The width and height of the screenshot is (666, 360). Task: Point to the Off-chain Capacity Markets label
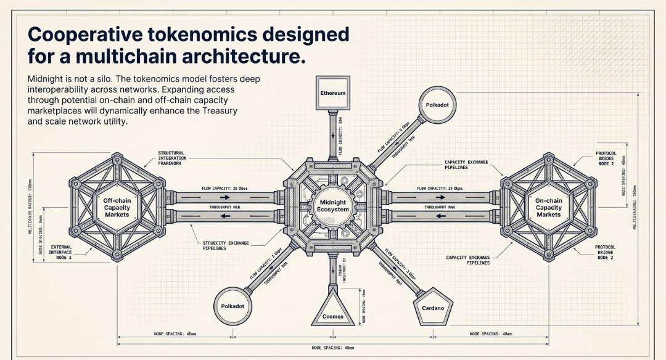tap(117, 207)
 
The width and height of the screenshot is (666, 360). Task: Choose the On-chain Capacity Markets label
tap(548, 207)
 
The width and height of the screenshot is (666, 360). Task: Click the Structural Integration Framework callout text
tap(175, 158)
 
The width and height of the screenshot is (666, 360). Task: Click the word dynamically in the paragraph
tap(129, 111)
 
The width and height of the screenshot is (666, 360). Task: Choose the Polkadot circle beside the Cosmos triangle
tap(233, 306)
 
